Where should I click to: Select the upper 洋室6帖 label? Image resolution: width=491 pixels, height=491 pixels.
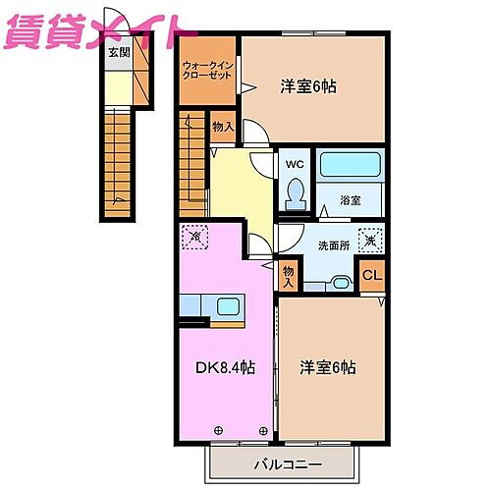309,86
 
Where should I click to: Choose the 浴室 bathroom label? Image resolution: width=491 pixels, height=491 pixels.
351,199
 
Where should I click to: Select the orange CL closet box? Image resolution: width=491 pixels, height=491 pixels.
371,274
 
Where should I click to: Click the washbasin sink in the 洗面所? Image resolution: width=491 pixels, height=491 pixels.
339,282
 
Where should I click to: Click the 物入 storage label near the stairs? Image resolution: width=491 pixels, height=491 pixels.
222,126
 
